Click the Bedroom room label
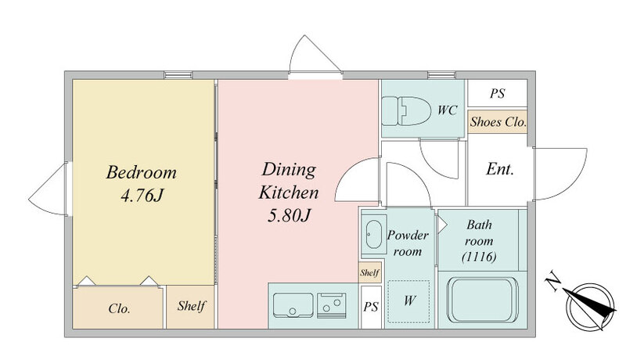142,173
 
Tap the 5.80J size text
289,216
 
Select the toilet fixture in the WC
406,110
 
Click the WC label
447,110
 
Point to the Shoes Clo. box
498,122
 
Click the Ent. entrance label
499,169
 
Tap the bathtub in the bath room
482,301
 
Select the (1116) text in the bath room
479,257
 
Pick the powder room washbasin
374,234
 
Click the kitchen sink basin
293,305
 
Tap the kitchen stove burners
331,305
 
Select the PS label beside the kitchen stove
371,307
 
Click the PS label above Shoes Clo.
498,93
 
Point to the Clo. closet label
119,308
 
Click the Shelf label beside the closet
191,306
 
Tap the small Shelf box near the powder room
369,273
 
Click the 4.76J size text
142,196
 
